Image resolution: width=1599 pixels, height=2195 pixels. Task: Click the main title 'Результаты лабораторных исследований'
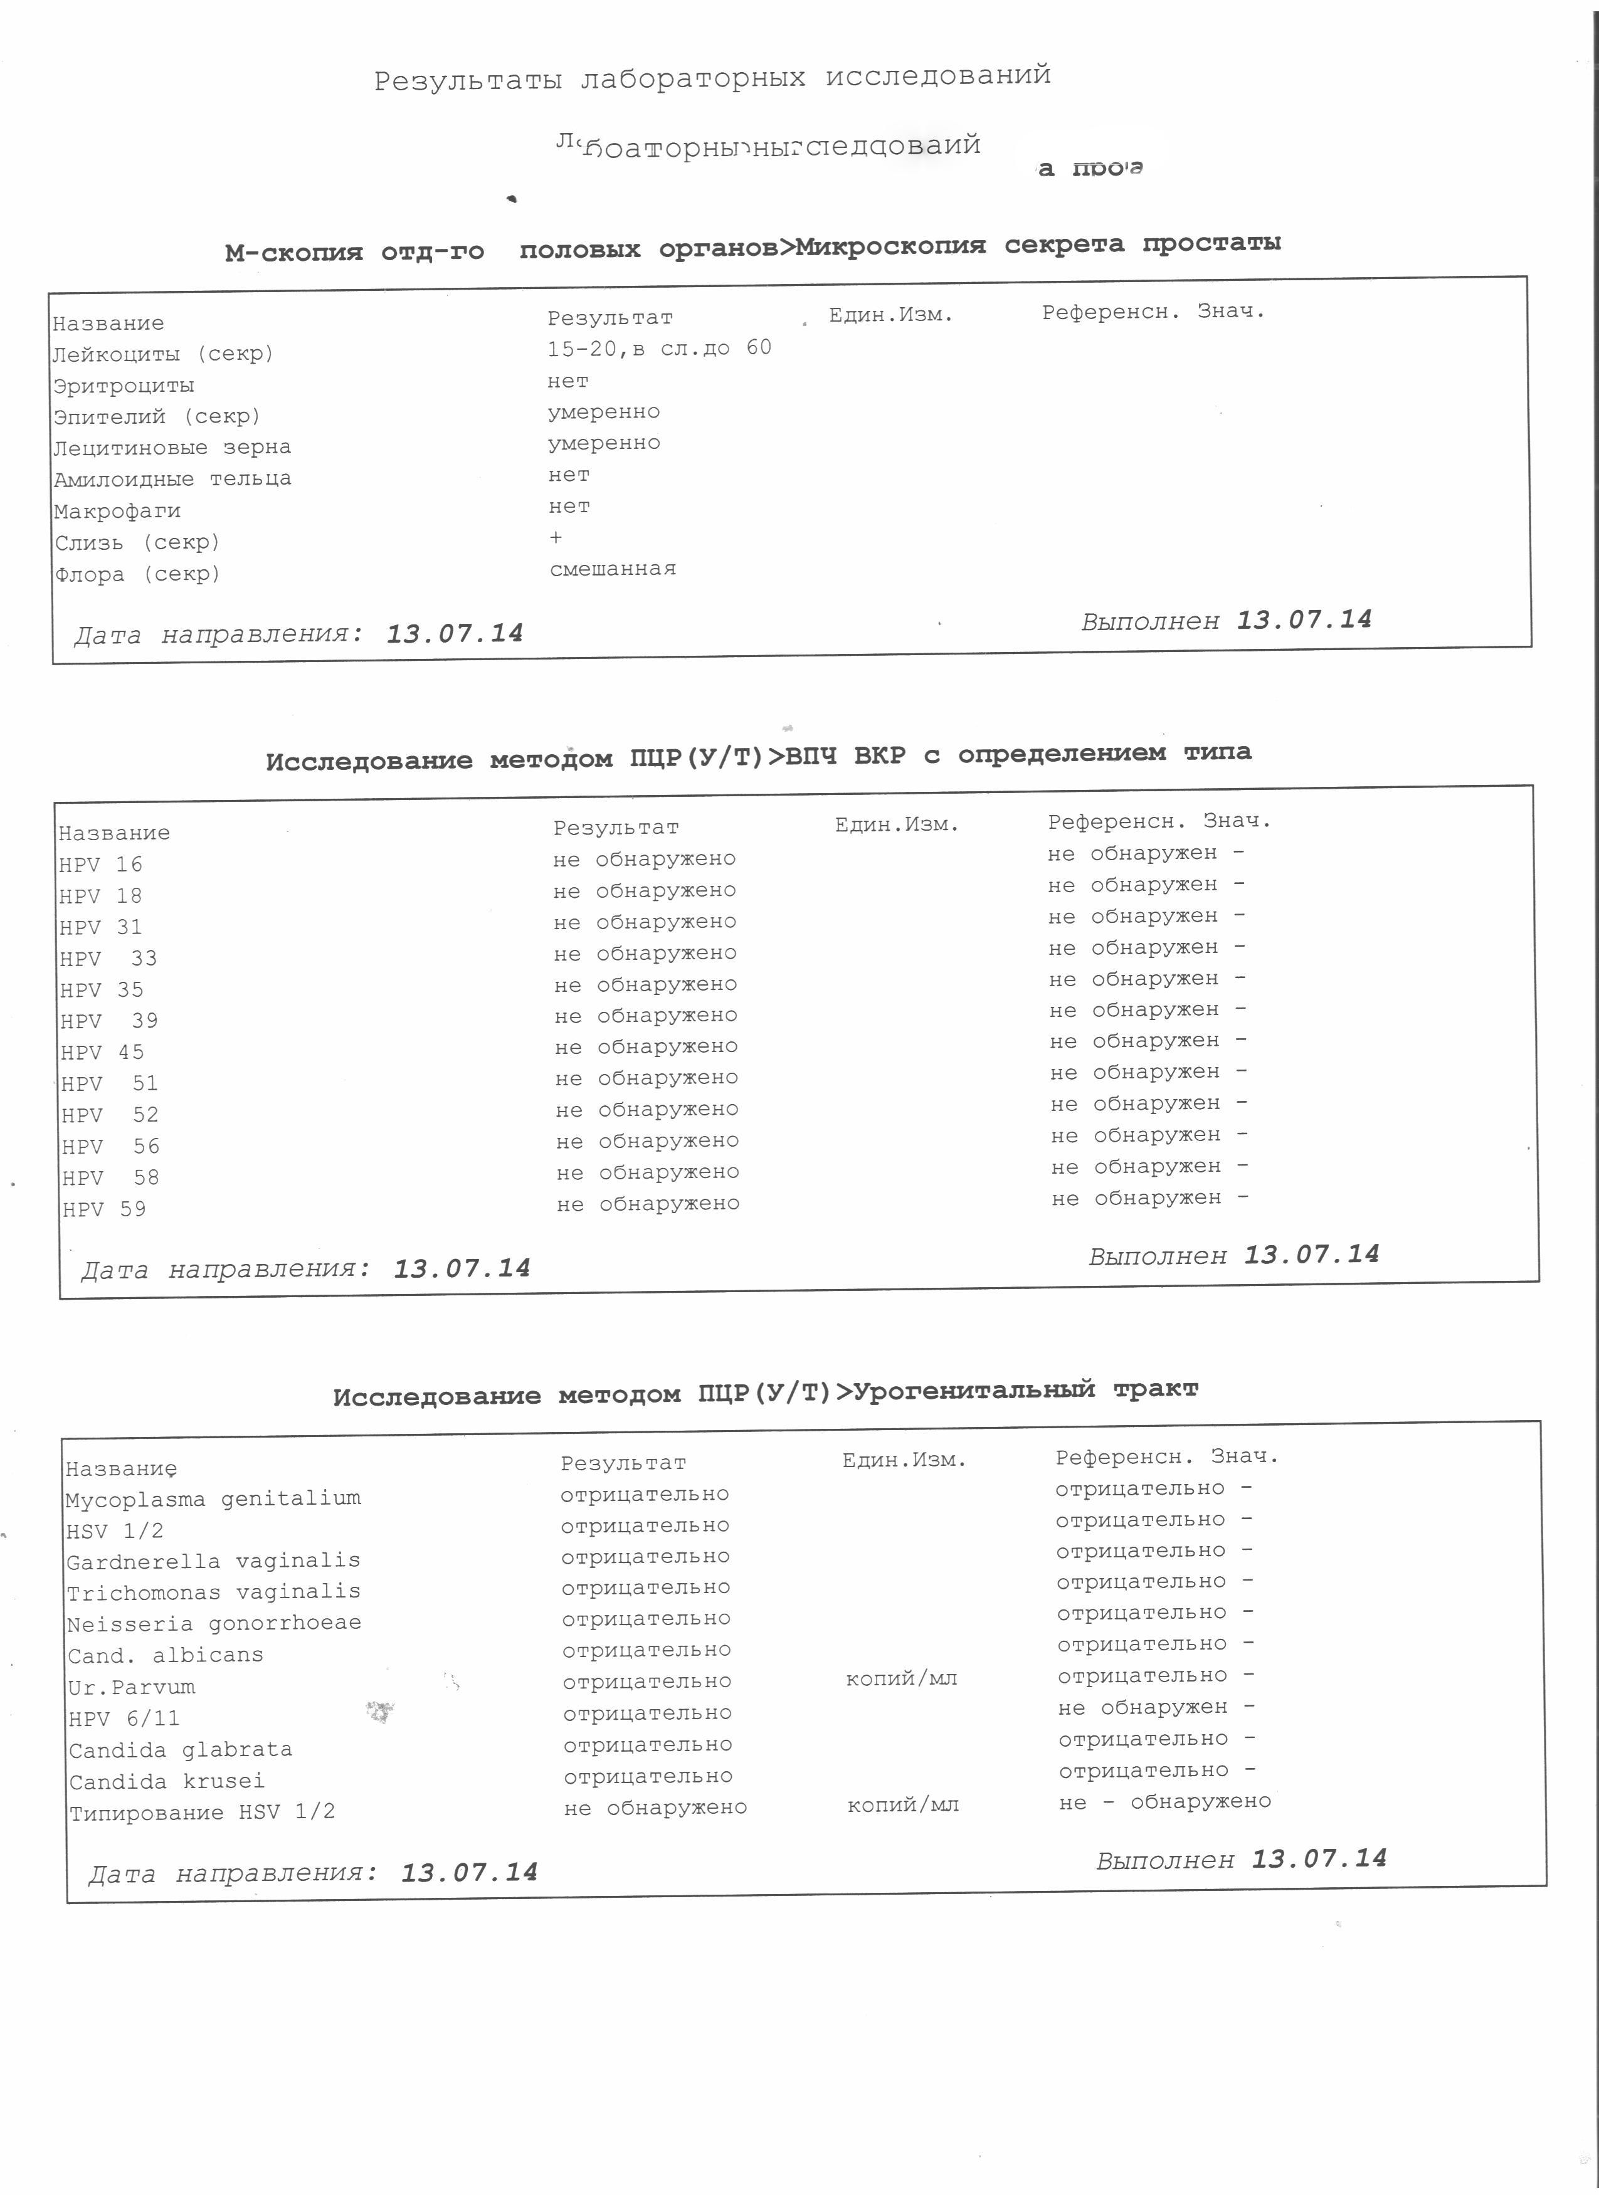(712, 77)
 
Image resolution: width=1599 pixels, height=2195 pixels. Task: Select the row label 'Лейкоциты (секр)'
(162, 354)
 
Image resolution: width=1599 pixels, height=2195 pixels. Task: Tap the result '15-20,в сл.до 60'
(659, 349)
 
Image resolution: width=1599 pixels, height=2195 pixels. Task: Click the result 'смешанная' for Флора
(613, 569)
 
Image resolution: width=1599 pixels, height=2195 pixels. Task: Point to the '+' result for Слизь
(556, 537)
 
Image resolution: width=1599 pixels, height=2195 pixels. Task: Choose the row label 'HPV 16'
(101, 864)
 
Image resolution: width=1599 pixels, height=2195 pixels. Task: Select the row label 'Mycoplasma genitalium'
(213, 1499)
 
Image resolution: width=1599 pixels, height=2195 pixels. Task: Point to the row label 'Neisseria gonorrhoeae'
(214, 1623)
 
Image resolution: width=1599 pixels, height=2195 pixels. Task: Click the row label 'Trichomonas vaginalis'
(213, 1592)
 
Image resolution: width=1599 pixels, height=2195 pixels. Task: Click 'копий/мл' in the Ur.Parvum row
(901, 1678)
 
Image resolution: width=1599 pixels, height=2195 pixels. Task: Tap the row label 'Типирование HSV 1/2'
(203, 1813)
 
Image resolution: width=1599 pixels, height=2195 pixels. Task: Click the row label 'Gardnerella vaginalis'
(213, 1561)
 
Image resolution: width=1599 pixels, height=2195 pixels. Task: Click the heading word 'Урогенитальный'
(974, 1391)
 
